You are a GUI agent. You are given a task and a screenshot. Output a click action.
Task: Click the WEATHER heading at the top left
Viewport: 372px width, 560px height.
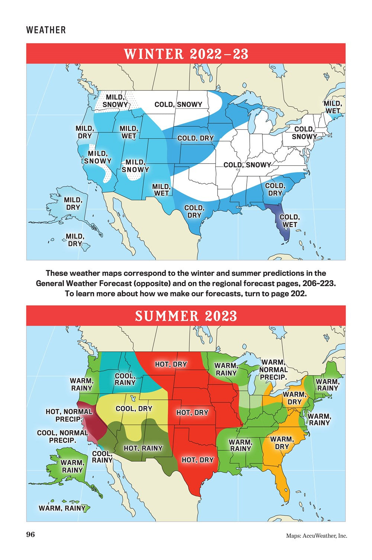[x=46, y=30]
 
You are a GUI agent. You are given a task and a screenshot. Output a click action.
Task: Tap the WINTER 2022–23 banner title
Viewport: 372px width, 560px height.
[x=186, y=54]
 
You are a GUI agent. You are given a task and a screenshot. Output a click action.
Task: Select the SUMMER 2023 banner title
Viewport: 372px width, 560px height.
[x=186, y=316]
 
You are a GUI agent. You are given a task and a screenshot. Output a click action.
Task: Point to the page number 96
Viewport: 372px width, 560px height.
[x=31, y=535]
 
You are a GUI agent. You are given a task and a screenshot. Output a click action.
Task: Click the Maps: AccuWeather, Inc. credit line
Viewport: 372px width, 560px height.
[x=317, y=535]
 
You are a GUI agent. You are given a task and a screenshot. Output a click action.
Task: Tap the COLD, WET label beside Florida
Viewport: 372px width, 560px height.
[x=289, y=221]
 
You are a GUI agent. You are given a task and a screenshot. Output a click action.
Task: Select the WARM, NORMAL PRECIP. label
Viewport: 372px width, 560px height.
[x=273, y=370]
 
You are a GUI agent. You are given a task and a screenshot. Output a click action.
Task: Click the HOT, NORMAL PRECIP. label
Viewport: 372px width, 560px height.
[x=69, y=415]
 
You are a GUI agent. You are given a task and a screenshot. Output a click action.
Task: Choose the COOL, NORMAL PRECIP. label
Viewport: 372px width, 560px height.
[x=62, y=437]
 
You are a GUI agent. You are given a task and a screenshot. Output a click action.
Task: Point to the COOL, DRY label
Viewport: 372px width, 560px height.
[x=134, y=409]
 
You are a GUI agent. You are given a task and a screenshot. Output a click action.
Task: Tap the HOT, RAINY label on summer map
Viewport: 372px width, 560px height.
[x=143, y=448]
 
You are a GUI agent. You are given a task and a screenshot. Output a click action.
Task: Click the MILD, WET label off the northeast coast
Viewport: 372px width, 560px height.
[x=333, y=107]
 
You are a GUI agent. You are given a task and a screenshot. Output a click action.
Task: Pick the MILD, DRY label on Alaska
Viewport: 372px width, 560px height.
[x=73, y=204]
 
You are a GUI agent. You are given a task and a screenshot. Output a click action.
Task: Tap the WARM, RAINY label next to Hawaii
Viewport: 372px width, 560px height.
[x=62, y=508]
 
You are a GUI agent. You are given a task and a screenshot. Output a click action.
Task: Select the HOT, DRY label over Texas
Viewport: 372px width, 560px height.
[x=198, y=460]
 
